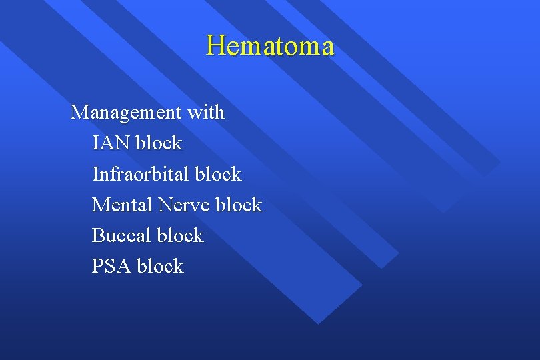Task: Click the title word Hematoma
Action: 270,46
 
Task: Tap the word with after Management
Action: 206,112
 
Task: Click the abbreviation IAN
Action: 111,143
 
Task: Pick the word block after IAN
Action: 159,143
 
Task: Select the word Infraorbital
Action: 141,174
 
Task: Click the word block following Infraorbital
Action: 218,174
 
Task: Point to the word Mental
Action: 122,205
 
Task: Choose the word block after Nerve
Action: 239,205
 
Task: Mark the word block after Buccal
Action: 179,235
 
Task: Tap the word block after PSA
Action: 160,266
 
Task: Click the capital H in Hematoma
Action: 215,46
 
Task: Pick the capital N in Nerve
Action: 165,205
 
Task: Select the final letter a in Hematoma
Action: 327,48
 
